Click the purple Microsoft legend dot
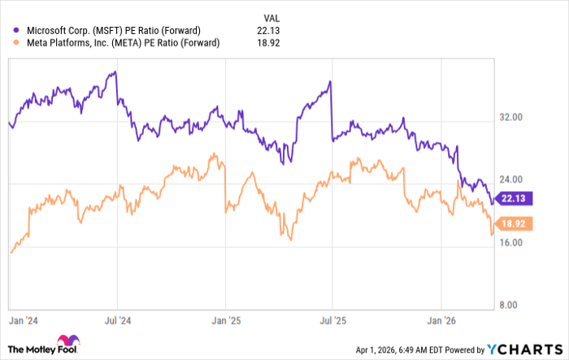pyautogui.click(x=15, y=30)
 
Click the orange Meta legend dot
pyautogui.click(x=15, y=43)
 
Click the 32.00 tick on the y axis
pyautogui.click(x=510, y=118)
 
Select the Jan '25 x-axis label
pyautogui.click(x=225, y=320)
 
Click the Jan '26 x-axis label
pyautogui.click(x=441, y=320)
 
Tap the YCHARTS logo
pyautogui.click(x=522, y=349)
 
